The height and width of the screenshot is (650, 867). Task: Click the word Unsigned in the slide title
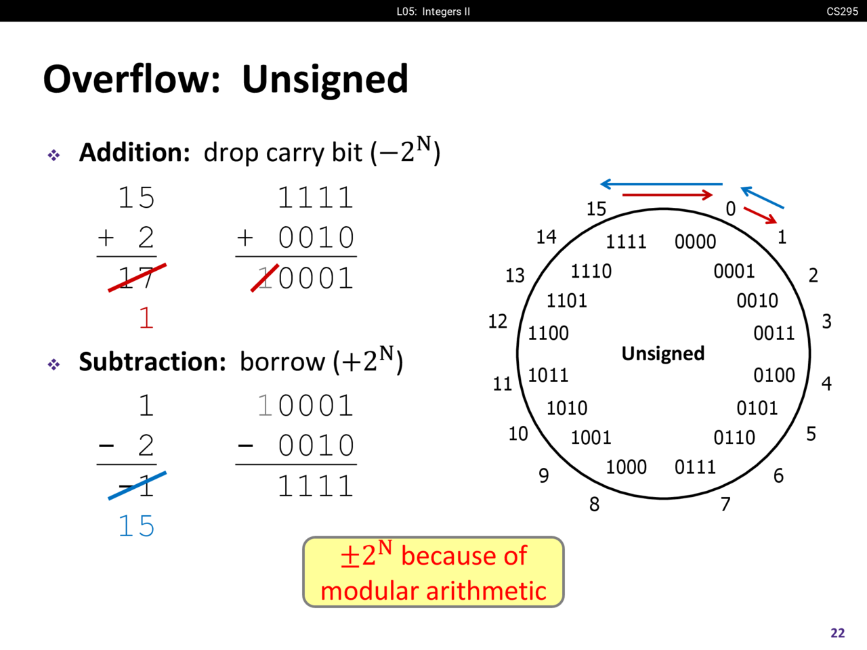pos(324,80)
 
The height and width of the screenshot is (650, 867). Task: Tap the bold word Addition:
pos(135,152)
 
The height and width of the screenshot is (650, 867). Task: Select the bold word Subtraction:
pos(152,362)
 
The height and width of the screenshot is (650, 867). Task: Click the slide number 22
pos(838,632)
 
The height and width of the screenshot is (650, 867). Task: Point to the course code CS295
pos(842,12)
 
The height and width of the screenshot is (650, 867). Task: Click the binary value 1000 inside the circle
pos(626,467)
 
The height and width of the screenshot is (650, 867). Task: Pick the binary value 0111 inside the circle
pos(695,467)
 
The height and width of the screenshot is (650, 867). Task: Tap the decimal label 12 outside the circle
pos(498,321)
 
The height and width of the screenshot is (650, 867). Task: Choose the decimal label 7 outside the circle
pos(725,504)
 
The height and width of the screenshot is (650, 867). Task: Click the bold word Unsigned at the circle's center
pos(663,353)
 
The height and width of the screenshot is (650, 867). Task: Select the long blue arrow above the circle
pos(661,184)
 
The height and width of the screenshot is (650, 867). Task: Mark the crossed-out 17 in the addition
pos(136,278)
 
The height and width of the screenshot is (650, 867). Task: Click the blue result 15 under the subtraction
pos(136,525)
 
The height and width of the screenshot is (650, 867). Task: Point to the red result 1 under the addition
pos(146,318)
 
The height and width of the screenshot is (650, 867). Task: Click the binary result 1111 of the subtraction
pos(315,486)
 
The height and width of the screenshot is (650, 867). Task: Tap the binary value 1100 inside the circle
pos(548,333)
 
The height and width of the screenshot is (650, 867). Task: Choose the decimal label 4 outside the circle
pos(826,383)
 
